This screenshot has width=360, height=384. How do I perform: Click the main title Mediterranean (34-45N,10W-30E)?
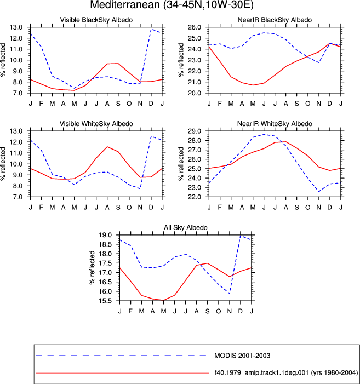point(172,4)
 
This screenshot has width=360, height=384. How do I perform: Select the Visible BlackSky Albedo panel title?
point(96,20)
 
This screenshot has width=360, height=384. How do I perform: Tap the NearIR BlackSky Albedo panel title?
point(275,20)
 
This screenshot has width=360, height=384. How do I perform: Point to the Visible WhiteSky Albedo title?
point(96,124)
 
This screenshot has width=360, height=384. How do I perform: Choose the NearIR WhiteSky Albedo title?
point(275,124)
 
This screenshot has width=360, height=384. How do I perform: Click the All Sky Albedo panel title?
point(186,227)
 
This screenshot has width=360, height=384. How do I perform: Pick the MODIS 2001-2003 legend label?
point(242,356)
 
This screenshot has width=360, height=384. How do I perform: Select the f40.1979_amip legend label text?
point(286,372)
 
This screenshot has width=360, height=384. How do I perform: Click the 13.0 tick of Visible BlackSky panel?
point(16,27)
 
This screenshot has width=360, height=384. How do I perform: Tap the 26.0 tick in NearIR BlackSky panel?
point(195,27)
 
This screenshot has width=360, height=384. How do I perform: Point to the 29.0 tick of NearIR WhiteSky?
point(195,131)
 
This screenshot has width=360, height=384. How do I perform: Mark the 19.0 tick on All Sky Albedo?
point(105,235)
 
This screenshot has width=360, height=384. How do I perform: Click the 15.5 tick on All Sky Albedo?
point(105,301)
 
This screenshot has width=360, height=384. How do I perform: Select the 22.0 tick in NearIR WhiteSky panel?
point(195,197)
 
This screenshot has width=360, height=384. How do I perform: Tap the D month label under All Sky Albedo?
point(241,311)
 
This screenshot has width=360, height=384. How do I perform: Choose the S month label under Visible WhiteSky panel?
point(118,207)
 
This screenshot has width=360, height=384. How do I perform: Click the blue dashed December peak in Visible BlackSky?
point(151,29)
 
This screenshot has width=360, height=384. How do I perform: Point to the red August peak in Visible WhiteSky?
point(107,147)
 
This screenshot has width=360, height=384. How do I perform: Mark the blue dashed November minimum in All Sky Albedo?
point(230,293)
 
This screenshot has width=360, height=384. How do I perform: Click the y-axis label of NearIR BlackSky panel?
point(181,60)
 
